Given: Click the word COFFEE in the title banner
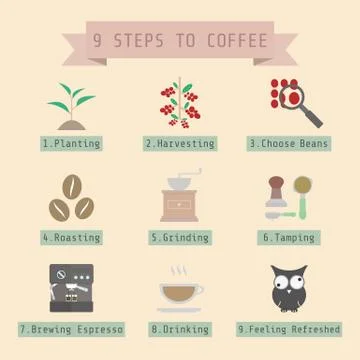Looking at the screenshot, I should [x=237, y=41].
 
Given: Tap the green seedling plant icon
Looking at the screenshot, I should [x=70, y=105].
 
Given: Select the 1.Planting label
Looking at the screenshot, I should [x=71, y=144].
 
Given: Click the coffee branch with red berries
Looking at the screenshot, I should [x=180, y=102].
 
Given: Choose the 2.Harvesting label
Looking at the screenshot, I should [x=180, y=144].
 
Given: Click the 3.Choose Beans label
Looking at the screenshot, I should [x=289, y=144].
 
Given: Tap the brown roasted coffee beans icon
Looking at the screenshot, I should [x=71, y=198].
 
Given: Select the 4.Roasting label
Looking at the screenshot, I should [x=71, y=238].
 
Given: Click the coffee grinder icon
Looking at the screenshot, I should [x=180, y=196].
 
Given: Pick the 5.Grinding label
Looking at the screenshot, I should [x=180, y=238].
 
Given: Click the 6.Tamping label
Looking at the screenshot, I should [x=289, y=238].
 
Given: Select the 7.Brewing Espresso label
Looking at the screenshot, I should [x=71, y=328].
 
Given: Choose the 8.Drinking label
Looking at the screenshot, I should [x=180, y=328].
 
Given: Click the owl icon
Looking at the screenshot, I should [x=289, y=288].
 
